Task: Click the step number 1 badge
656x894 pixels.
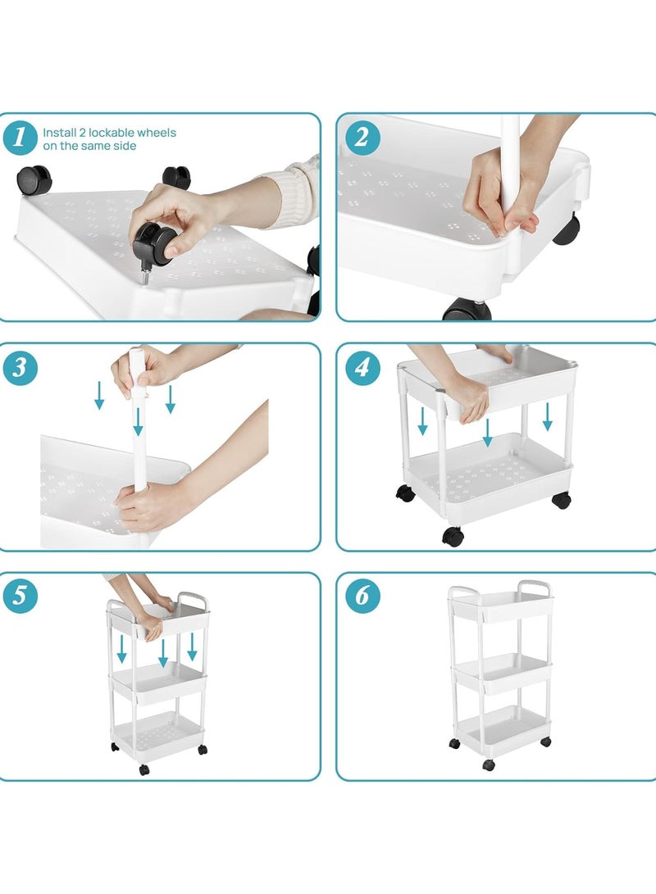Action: pyautogui.click(x=20, y=138)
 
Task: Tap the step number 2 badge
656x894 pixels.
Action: pyautogui.click(x=362, y=138)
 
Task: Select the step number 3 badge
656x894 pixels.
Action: pyautogui.click(x=20, y=368)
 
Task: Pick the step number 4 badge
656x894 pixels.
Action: pyautogui.click(x=362, y=368)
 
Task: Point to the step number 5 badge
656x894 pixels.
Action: pyautogui.click(x=20, y=597)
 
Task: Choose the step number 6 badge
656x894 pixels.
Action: pyautogui.click(x=362, y=597)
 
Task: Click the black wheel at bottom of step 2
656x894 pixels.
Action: pyautogui.click(x=467, y=311)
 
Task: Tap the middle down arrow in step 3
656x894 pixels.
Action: pyautogui.click(x=138, y=421)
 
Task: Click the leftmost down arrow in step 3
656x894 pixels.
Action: pyautogui.click(x=99, y=395)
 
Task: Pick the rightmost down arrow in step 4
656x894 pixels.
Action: pyautogui.click(x=547, y=416)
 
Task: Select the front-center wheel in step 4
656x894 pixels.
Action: pyautogui.click(x=452, y=536)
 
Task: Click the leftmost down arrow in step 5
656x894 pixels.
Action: pyautogui.click(x=121, y=648)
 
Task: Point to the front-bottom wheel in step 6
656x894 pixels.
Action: pyautogui.click(x=489, y=765)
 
